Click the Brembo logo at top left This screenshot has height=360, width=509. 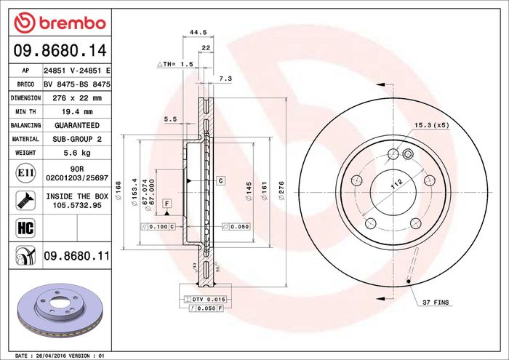coord(60,23)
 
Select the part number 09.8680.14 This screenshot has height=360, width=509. coord(60,50)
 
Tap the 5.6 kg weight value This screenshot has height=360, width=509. coord(77,153)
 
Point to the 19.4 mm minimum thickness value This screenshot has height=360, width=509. coord(77,112)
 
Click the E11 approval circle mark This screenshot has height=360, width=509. coord(25,173)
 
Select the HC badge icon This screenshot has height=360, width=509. coord(25,228)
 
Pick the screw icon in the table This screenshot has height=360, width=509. coord(25,200)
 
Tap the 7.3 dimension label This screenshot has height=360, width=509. coord(225,79)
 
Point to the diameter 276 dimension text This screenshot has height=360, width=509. coord(281,191)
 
